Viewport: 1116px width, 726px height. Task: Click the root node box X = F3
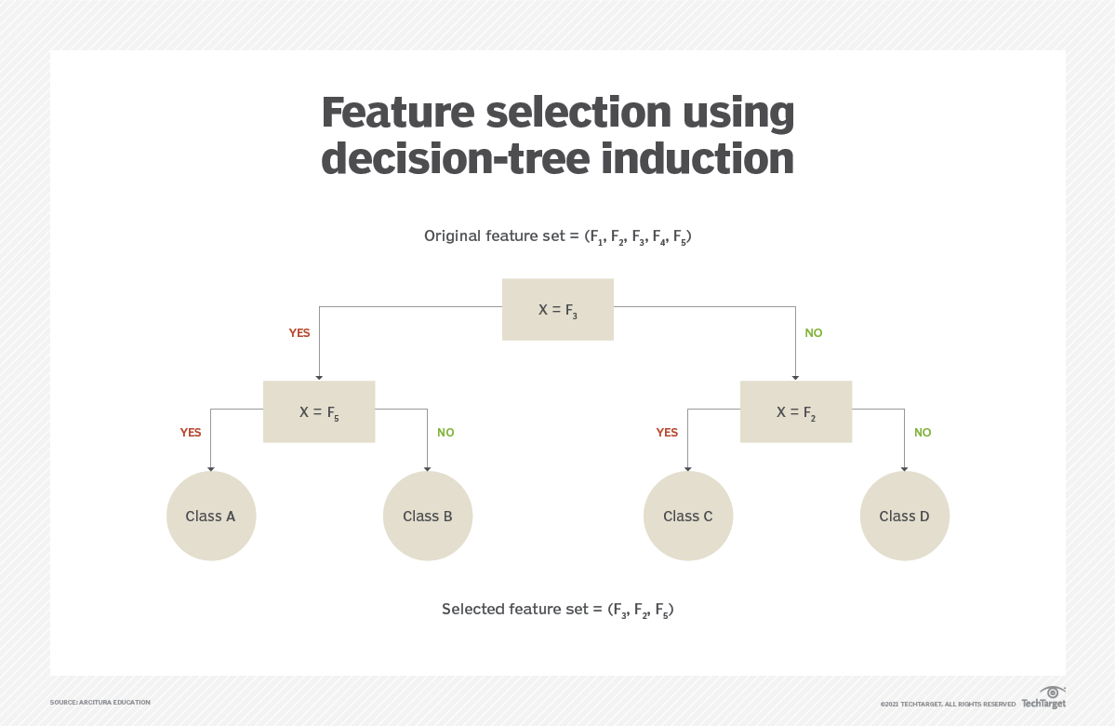(x=557, y=309)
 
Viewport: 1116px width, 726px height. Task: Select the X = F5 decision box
(x=319, y=411)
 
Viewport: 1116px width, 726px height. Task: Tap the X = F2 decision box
(x=795, y=411)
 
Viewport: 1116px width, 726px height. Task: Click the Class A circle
(x=211, y=516)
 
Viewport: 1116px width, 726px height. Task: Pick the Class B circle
(x=428, y=516)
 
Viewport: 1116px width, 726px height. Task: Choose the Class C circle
(x=688, y=516)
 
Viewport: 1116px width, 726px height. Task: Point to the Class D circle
(x=904, y=516)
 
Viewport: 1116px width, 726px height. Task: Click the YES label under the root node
(x=299, y=333)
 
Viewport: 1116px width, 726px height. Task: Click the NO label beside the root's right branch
(x=814, y=333)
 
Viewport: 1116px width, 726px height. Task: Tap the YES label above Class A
(x=191, y=433)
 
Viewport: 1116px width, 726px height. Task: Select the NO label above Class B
(x=445, y=433)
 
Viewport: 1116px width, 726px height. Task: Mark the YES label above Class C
(x=667, y=433)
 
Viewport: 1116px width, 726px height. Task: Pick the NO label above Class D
(x=923, y=433)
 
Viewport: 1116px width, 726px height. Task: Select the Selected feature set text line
(x=557, y=610)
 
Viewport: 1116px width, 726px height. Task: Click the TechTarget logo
(x=1043, y=698)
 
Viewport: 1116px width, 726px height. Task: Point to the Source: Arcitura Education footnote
(x=100, y=702)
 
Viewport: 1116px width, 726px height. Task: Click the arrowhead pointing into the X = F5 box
(x=319, y=377)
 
